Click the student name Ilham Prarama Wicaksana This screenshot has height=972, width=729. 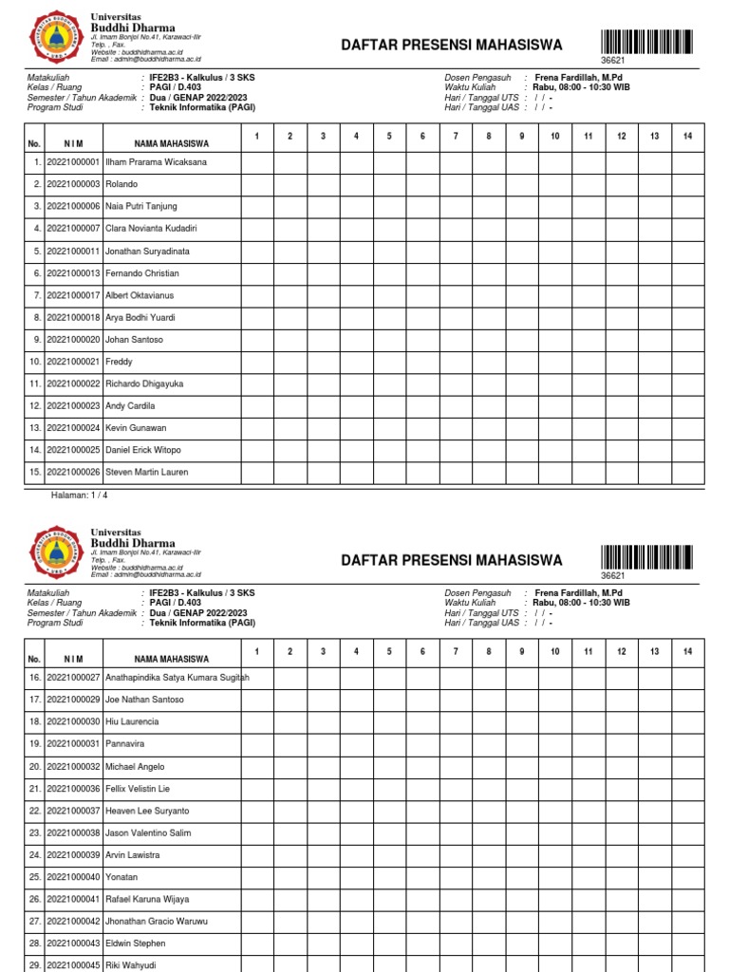pyautogui.click(x=155, y=162)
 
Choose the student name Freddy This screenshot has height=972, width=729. pyautogui.click(x=119, y=362)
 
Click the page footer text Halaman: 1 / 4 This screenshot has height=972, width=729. pyautogui.click(x=79, y=495)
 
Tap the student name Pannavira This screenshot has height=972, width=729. pyautogui.click(x=126, y=744)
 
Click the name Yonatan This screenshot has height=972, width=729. pyautogui.click(x=121, y=877)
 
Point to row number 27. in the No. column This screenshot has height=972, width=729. pyautogui.click(x=34, y=922)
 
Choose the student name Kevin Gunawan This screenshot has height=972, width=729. pyautogui.click(x=136, y=428)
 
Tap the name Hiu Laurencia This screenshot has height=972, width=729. pyautogui.click(x=132, y=722)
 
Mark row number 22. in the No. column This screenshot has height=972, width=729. pyautogui.click(x=34, y=811)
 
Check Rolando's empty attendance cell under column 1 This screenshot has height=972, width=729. pyautogui.click(x=257, y=184)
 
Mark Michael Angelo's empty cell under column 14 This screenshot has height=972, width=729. pyautogui.click(x=687, y=766)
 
